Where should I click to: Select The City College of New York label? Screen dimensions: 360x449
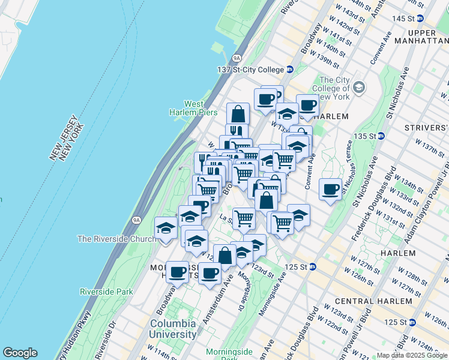click(x=334, y=88)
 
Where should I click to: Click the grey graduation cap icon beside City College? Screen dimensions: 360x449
click(x=359, y=88)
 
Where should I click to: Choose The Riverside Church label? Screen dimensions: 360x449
click(x=116, y=239)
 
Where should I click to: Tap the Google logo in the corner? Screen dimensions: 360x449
click(x=20, y=353)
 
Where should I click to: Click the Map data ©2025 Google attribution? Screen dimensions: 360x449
click(x=412, y=355)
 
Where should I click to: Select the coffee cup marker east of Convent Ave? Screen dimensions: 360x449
click(x=330, y=190)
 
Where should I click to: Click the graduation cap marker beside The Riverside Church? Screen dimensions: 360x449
click(x=166, y=228)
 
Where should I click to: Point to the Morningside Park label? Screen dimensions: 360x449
click(x=228, y=355)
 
